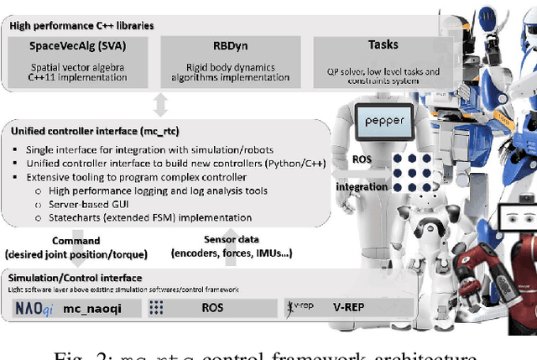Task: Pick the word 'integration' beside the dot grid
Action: pyautogui.click(x=361, y=186)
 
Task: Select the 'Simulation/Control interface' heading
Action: pyautogui.click(x=76, y=277)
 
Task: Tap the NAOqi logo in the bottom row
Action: pyautogui.click(x=36, y=309)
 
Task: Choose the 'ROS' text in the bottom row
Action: pyautogui.click(x=212, y=309)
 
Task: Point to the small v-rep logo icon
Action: pyautogui.click(x=300, y=307)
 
